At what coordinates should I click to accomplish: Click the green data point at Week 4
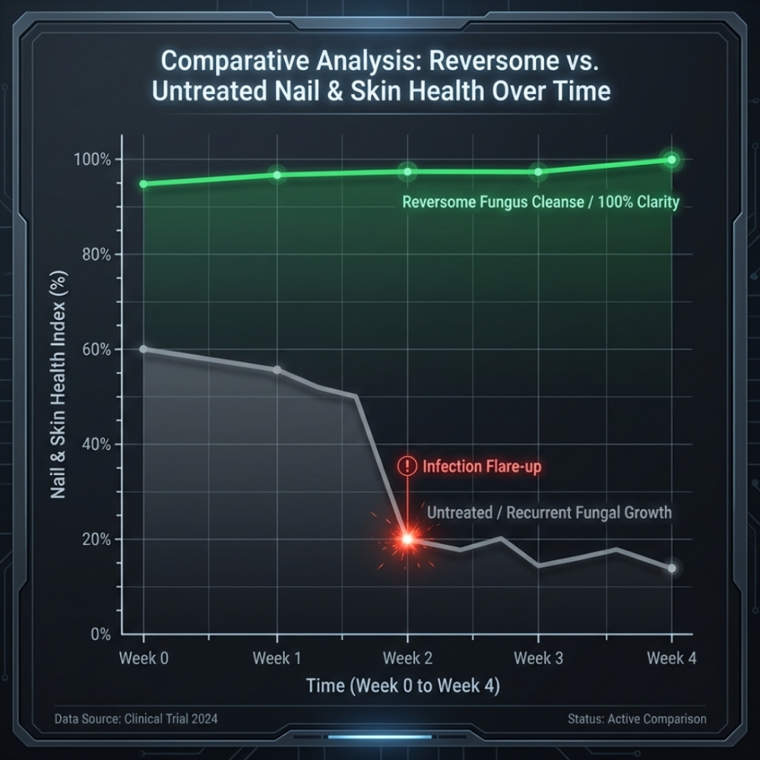coord(671,160)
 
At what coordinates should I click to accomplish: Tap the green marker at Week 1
coord(277,175)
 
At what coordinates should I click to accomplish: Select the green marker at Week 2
coord(407,172)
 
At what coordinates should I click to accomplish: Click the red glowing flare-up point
coord(407,539)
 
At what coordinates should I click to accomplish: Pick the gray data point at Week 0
coord(144,350)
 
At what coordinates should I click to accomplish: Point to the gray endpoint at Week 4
coord(671,568)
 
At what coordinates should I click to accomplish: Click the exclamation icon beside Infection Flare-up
coord(407,466)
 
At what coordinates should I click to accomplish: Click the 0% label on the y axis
coord(101,634)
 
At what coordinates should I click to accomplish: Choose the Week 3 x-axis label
coord(539,658)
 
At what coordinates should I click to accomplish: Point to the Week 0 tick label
coord(144,658)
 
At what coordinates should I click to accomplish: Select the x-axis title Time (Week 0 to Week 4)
coord(403,686)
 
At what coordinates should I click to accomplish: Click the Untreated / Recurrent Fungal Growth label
coord(549,512)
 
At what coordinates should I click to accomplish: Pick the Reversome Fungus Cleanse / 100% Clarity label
coord(540,203)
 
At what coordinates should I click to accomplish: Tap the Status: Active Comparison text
coord(636,718)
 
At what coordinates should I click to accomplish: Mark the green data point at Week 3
coord(539,172)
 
